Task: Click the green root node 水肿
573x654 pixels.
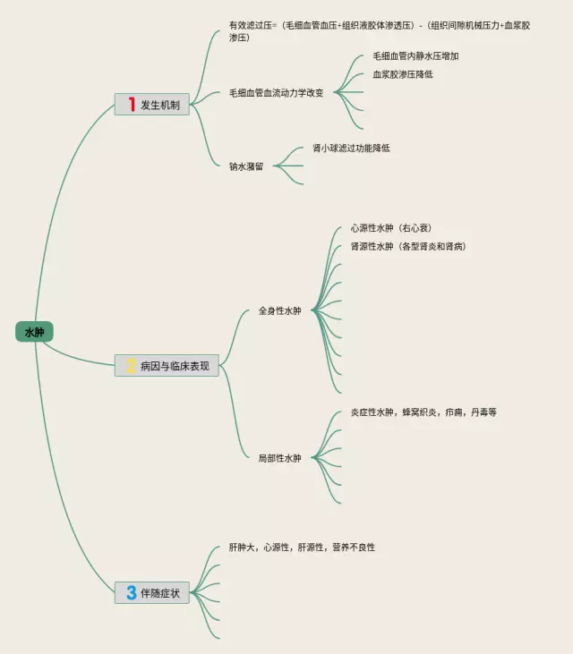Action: click(x=34, y=332)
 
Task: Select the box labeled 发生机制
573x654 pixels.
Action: click(x=152, y=105)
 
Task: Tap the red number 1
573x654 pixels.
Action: click(x=132, y=105)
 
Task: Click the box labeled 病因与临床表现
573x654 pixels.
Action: click(x=167, y=365)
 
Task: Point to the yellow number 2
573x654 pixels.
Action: click(x=131, y=365)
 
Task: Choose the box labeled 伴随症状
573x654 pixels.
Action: click(x=152, y=592)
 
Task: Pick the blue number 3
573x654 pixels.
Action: click(x=131, y=592)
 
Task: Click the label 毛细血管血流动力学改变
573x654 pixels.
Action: click(x=277, y=92)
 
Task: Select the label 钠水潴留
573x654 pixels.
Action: click(x=246, y=166)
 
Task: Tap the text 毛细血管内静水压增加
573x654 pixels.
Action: click(x=415, y=56)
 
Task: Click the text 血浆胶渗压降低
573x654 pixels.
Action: click(x=403, y=74)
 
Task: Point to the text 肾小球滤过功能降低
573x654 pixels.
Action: click(x=351, y=148)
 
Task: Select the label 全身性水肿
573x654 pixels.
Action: click(x=279, y=310)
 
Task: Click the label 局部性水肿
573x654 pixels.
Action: click(x=279, y=458)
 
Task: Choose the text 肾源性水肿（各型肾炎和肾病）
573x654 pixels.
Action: click(x=408, y=246)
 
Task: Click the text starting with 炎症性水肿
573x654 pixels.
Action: click(x=423, y=412)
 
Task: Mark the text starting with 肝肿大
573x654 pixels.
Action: click(x=302, y=547)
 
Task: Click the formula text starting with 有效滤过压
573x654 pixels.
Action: click(x=379, y=31)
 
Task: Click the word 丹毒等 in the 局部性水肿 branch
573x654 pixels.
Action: click(x=483, y=412)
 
